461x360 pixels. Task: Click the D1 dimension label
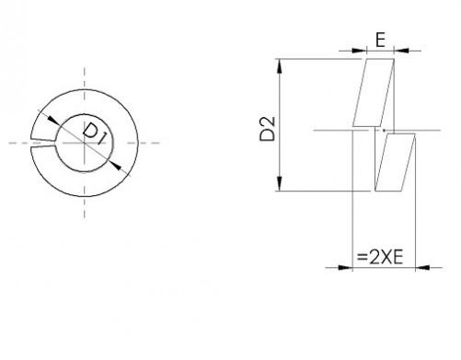[x=93, y=134]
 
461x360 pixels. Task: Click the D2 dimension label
[x=268, y=129]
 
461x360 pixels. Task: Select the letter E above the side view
[x=380, y=41]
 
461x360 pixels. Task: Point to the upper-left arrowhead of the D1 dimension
[x=53, y=120]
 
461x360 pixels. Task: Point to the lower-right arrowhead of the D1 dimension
[x=116, y=166]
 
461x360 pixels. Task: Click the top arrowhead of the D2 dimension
[x=280, y=66]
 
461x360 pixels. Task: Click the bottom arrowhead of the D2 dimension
[x=280, y=183]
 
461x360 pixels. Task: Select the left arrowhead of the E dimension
[x=359, y=51]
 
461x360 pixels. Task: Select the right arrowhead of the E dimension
[x=401, y=51]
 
